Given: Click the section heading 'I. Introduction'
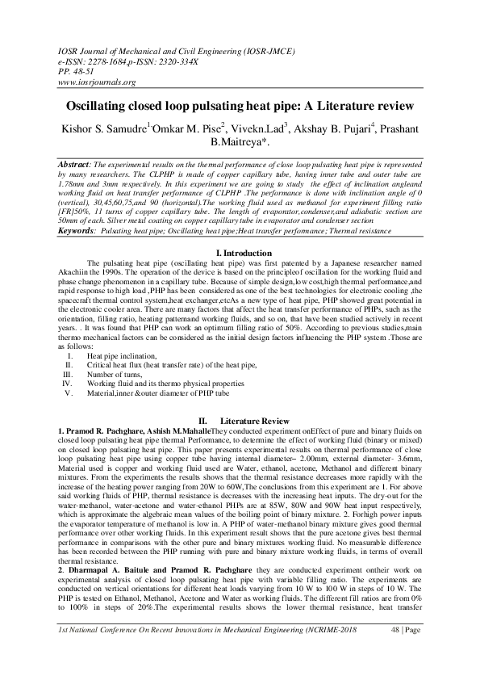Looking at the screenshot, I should coord(240,255).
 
